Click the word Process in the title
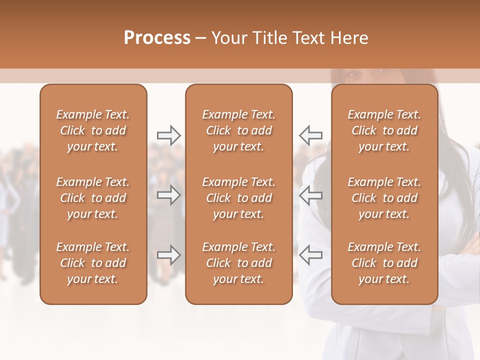pos(157,38)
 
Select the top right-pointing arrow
pos(168,135)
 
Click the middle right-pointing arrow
pos(168,195)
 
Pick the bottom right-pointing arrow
pos(168,254)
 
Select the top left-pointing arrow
pos(310,135)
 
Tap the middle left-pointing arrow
pos(310,195)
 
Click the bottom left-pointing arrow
pos(310,254)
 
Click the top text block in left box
pos(93,130)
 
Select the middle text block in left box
pos(93,198)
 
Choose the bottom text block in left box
pos(93,263)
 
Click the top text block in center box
pos(238,130)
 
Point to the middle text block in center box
pos(238,198)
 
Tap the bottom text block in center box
pos(238,263)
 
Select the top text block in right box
pos(384,130)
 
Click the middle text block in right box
pos(384,198)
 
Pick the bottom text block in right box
pos(384,263)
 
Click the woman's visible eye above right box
pos(354,75)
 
